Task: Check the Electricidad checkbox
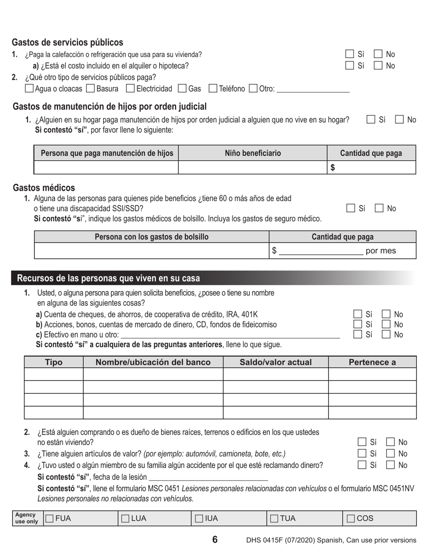click(x=130, y=88)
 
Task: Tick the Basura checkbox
click(x=90, y=88)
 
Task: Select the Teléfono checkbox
click(x=213, y=88)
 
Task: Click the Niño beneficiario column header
click(x=253, y=153)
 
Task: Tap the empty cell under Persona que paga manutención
click(x=106, y=168)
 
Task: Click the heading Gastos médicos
click(x=44, y=187)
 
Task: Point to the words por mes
click(x=380, y=251)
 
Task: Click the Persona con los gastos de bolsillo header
click(x=152, y=237)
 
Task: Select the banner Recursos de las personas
click(x=109, y=278)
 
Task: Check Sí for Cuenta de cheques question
click(x=358, y=314)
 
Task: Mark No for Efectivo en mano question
click(x=386, y=335)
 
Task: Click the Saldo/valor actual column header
click(x=275, y=362)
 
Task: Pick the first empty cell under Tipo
click(x=53, y=374)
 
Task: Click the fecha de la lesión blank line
click(x=208, y=477)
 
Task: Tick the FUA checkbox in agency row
click(x=49, y=519)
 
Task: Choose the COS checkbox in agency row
click(x=351, y=519)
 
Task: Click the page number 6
click(x=215, y=539)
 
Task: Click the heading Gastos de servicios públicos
click(x=67, y=42)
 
